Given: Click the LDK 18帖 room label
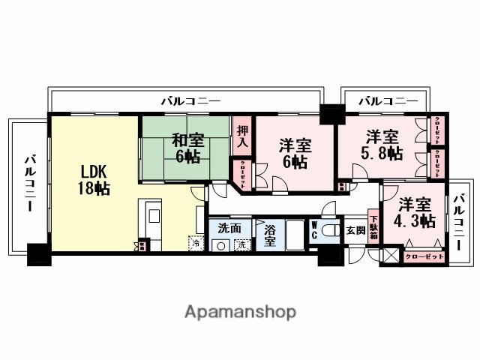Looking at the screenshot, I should (94, 179).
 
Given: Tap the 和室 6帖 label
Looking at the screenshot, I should (186, 147).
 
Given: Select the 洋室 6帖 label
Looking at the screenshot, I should (295, 151).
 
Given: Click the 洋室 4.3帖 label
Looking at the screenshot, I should (415, 212).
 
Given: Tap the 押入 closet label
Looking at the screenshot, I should (242, 136).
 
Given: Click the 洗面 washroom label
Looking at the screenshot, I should (229, 227).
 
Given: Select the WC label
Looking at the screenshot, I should (314, 230).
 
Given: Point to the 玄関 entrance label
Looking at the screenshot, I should (355, 230).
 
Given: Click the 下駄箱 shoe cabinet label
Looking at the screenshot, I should (373, 225).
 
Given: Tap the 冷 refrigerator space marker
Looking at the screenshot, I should (196, 243).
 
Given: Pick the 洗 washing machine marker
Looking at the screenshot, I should (241, 244).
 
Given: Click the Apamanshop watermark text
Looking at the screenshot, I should (240, 311).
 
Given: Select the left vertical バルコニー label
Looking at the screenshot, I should (29, 183).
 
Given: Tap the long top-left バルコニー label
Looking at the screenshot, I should (190, 100).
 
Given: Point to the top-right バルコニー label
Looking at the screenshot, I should (387, 100).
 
